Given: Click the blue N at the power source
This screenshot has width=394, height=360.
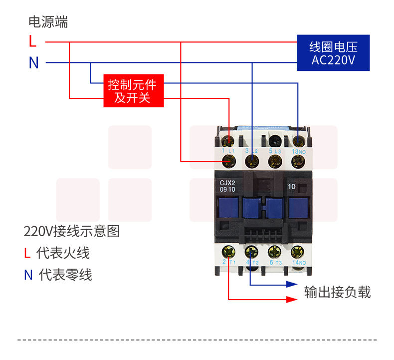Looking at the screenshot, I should (33, 63).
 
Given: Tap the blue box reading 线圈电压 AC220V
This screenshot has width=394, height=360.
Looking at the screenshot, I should (333, 53).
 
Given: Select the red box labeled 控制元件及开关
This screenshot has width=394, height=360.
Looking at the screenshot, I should (134, 91).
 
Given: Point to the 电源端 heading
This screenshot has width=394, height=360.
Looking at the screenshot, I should (48, 22).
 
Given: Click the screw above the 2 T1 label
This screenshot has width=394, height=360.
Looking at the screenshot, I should (229, 252).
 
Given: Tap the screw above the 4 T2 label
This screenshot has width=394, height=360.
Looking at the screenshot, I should (251, 252).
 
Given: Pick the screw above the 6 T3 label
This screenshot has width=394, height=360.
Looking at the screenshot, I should (274, 252).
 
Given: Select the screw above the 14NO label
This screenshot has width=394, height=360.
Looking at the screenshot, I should (297, 252).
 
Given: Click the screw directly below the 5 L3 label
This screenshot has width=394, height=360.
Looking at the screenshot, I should (274, 161).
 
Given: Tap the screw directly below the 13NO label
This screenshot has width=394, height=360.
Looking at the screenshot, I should (298, 161).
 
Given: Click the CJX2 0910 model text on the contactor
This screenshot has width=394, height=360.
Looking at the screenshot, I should (227, 186).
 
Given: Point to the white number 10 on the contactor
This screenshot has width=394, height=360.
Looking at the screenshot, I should (292, 187).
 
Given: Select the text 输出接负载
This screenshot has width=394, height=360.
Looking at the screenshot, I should (337, 292).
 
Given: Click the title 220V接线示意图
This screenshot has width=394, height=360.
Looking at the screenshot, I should (72, 232).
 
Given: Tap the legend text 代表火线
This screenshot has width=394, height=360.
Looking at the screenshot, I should (63, 253).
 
